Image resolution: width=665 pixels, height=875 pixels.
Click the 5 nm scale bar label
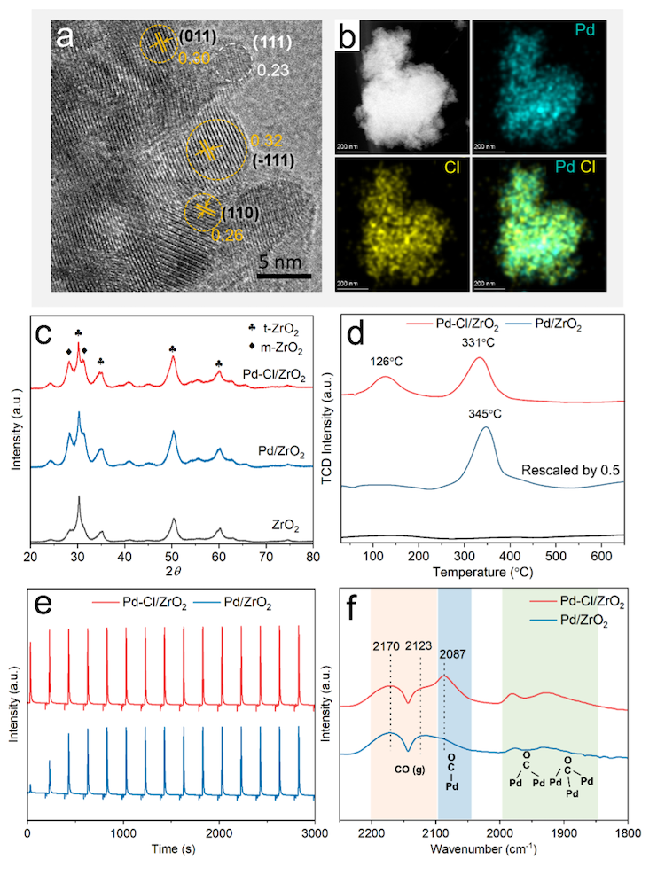[284, 262]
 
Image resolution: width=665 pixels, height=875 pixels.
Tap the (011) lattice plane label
[195, 39]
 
